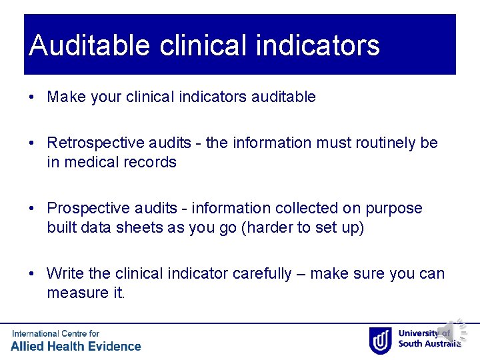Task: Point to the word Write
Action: (65, 274)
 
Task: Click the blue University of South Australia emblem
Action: (380, 339)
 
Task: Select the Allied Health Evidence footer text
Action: (76, 346)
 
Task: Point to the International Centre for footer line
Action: (55, 333)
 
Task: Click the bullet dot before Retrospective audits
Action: (32, 143)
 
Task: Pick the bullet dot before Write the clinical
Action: (32, 274)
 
